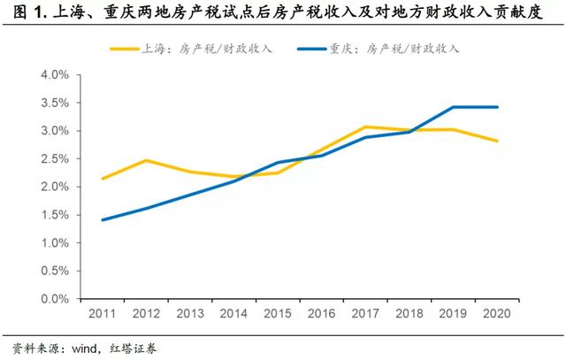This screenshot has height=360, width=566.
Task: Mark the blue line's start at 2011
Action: [x=103, y=219]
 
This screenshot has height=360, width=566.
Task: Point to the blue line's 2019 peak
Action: [x=452, y=107]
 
